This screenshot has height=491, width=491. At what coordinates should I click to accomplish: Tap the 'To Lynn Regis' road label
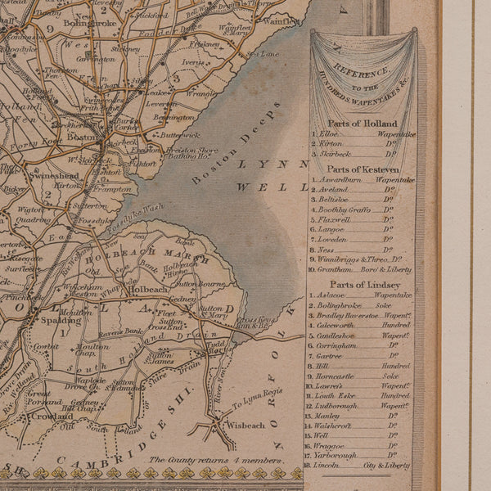pyautogui.click(x=255, y=401)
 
